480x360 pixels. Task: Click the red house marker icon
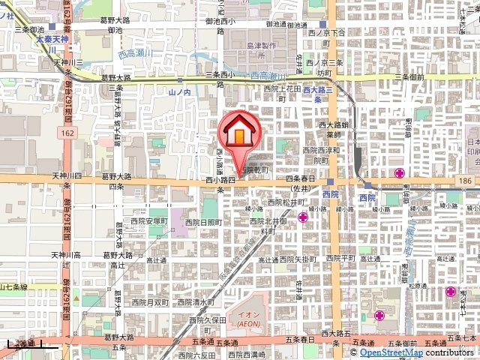coord(238,131)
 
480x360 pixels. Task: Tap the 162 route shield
coord(68,132)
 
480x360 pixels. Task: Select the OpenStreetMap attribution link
coord(391,352)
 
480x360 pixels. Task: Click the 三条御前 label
coord(409,76)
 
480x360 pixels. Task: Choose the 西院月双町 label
coord(148,302)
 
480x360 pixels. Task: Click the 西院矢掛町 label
coord(298,258)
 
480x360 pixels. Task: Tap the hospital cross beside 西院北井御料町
coord(303,217)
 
